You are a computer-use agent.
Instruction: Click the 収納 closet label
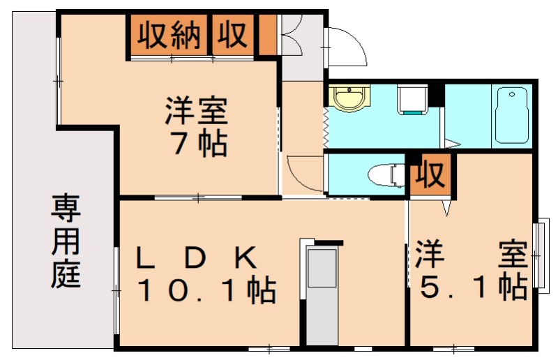tap(169, 35)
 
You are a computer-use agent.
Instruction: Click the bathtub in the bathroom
tap(513, 115)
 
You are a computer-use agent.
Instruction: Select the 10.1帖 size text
tap(206, 290)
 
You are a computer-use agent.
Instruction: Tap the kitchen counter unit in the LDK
tap(322, 293)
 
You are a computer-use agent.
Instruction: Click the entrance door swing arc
tap(347, 46)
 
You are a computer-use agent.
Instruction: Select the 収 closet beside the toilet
tap(430, 175)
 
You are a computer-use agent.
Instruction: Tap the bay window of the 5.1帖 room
tap(539, 255)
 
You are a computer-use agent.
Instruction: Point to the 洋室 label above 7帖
tap(197, 112)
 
